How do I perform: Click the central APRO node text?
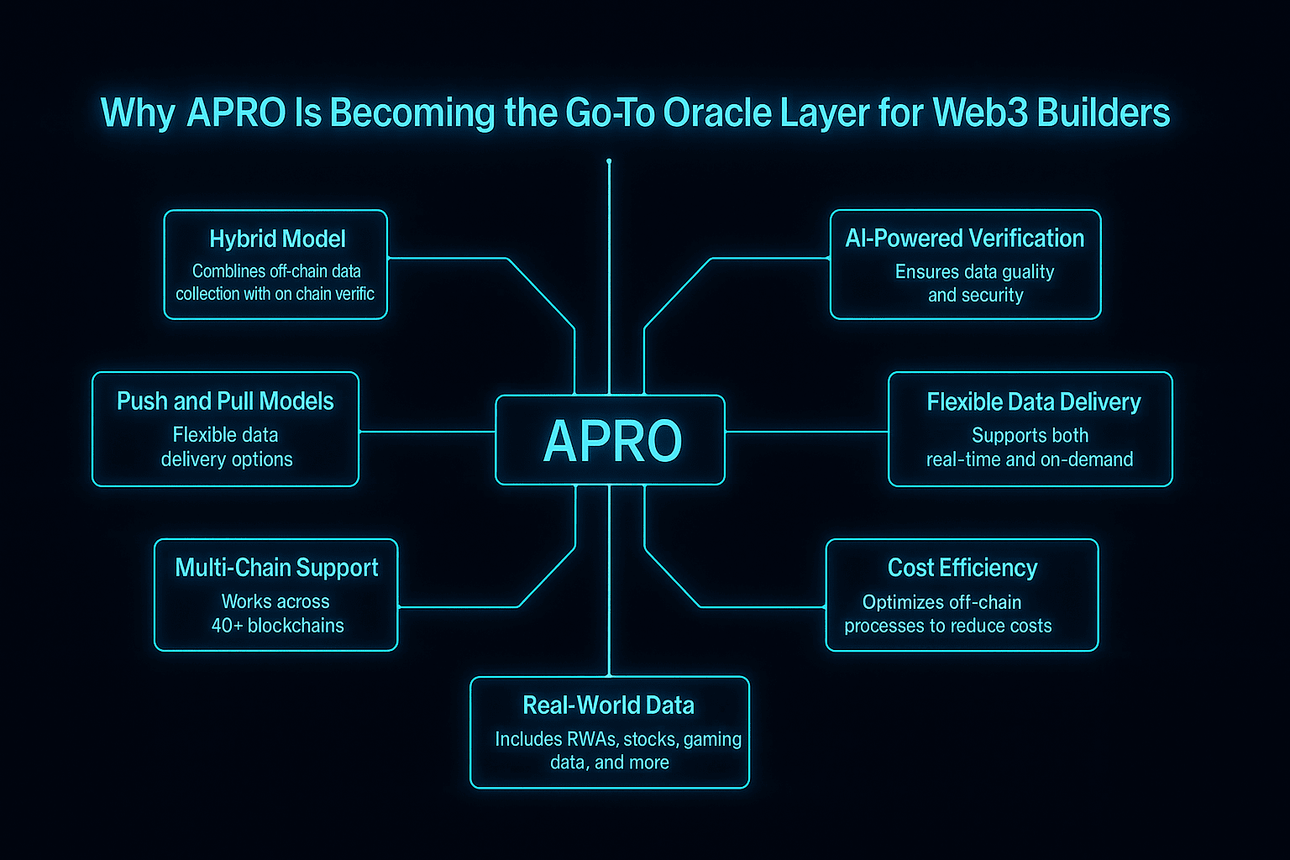click(612, 441)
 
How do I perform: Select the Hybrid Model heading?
click(277, 239)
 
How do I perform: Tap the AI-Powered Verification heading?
click(965, 239)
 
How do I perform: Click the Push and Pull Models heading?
click(225, 401)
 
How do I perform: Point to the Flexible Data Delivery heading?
click(1033, 402)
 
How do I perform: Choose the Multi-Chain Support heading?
click(276, 568)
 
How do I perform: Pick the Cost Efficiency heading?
click(962, 569)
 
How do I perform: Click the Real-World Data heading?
click(608, 705)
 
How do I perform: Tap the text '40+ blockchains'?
click(277, 626)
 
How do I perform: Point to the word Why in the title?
click(137, 113)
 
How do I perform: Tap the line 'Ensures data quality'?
click(974, 272)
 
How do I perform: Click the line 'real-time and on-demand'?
click(1030, 459)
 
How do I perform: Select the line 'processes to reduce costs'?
click(947, 627)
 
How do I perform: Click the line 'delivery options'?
click(227, 459)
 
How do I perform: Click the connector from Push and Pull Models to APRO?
click(427, 432)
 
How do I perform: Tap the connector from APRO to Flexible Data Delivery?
click(806, 432)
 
